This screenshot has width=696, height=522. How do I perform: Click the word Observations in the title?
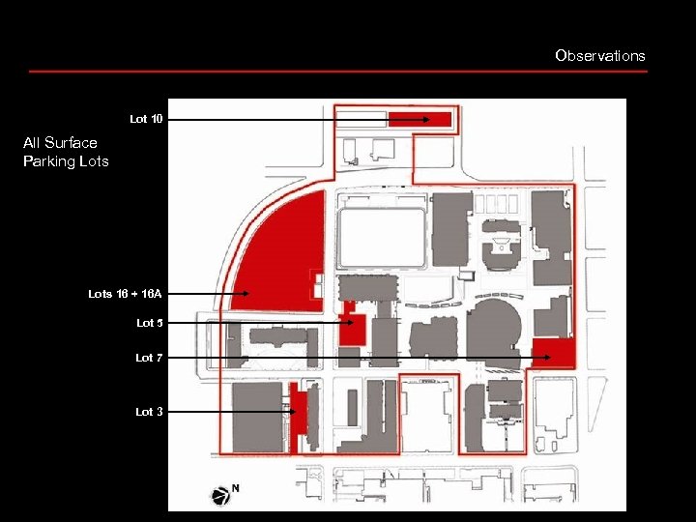pos(599,56)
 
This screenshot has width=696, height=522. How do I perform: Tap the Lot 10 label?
pos(148,119)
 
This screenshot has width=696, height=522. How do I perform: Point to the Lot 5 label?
pos(150,323)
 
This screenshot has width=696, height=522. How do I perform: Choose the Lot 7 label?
pos(149,358)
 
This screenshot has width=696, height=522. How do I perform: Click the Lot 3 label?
pos(149,412)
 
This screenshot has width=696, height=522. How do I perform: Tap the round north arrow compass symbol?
pos(221,495)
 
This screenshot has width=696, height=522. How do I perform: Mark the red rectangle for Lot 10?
pos(420,119)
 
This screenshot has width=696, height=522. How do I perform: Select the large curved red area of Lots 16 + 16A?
pos(280,251)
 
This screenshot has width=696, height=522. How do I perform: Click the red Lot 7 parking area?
pos(553,353)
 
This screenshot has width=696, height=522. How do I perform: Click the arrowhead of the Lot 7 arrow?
pos(546,358)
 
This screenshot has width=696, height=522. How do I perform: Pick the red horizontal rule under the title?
pos(337,71)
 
